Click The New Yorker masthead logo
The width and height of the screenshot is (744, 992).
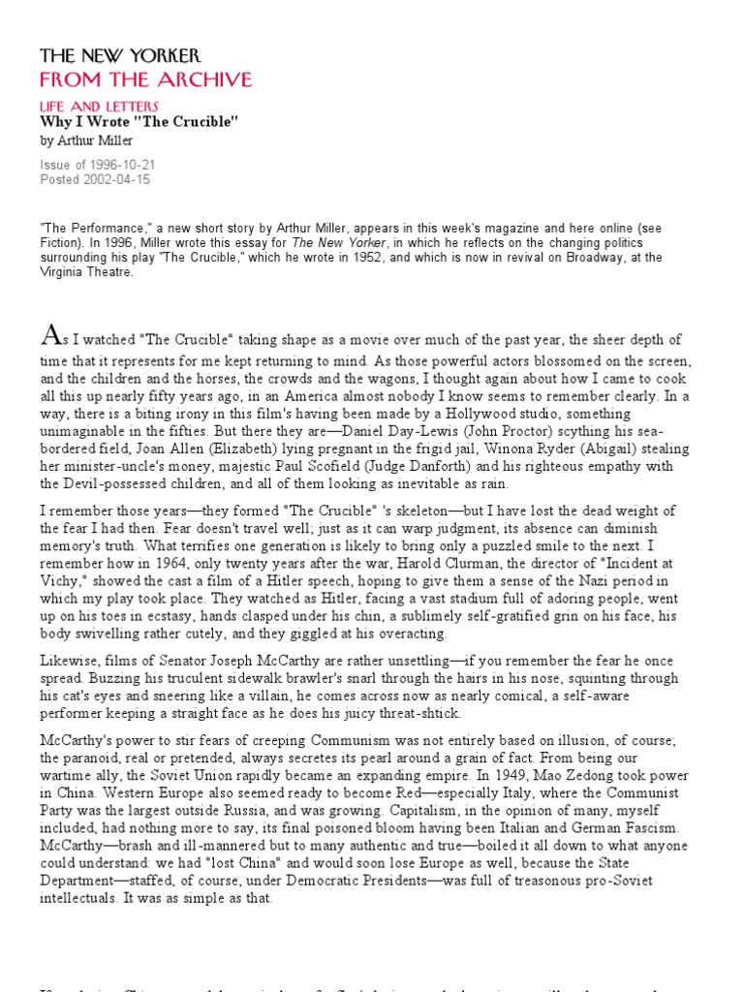[120, 56]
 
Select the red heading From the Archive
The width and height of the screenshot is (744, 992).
[145, 79]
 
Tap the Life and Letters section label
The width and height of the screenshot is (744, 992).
[99, 106]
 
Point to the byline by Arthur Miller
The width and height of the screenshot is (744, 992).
[83, 140]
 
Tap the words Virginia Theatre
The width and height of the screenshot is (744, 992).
[86, 272]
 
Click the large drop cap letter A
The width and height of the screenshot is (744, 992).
[50, 336]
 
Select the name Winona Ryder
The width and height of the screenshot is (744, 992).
[553, 449]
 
